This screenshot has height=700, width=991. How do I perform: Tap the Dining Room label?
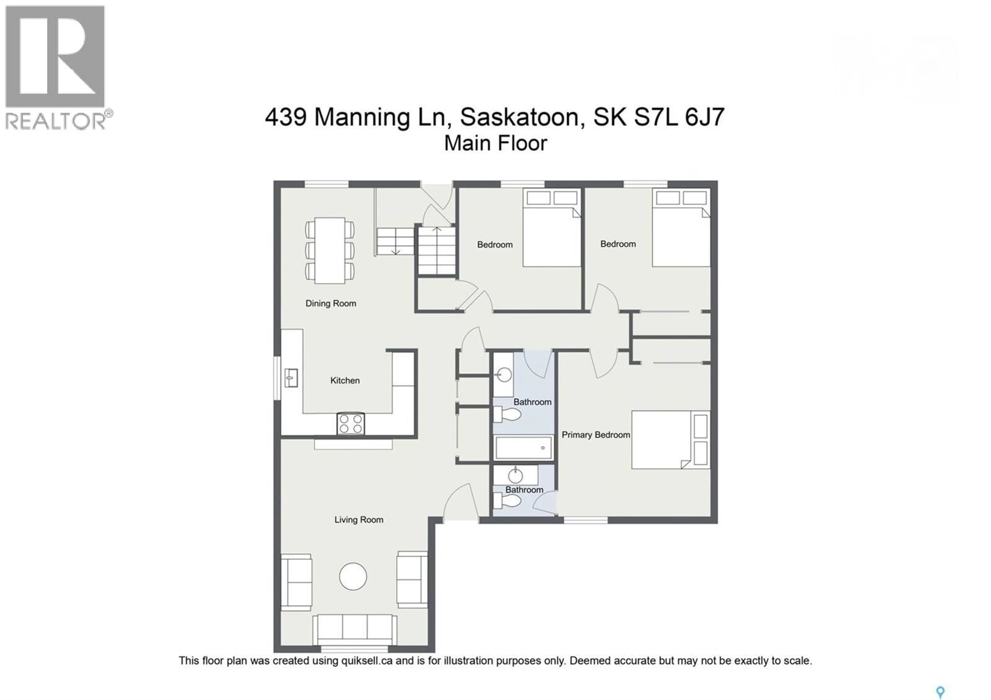[x=331, y=303]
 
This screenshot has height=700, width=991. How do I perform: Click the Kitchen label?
[x=345, y=380]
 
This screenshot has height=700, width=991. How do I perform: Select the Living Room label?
[x=359, y=520]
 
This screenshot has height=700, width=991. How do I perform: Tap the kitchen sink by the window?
[x=291, y=378]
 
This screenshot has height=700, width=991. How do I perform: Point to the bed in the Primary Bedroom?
[x=670, y=439]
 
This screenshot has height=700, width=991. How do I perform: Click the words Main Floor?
[x=495, y=143]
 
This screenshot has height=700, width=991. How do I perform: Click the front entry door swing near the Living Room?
[x=461, y=503]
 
